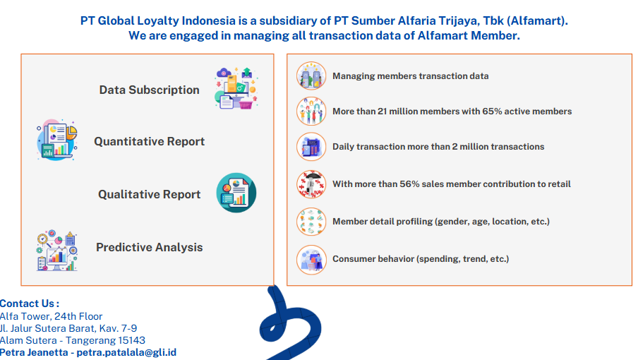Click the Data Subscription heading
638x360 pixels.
pyautogui.click(x=150, y=90)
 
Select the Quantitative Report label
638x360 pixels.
pyautogui.click(x=150, y=142)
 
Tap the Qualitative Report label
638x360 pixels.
pyautogui.click(x=150, y=194)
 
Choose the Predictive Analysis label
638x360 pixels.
pyautogui.click(x=150, y=247)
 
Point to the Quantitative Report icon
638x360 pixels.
pyautogui.click(x=56, y=140)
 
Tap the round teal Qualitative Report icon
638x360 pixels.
pyautogui.click(x=236, y=193)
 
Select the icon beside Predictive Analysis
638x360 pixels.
pyautogui.click(x=56, y=251)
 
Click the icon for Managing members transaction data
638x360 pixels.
pyautogui.click(x=311, y=76)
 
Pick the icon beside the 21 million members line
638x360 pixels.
pyautogui.click(x=311, y=111)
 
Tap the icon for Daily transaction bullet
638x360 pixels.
pyautogui.click(x=311, y=147)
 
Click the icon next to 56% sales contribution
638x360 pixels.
pyautogui.click(x=311, y=184)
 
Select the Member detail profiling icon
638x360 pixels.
pyautogui.click(x=311, y=222)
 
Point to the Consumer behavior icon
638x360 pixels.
pyautogui.click(x=311, y=260)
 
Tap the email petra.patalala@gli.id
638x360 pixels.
pyautogui.click(x=126, y=352)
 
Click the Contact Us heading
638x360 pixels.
pyautogui.click(x=30, y=304)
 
